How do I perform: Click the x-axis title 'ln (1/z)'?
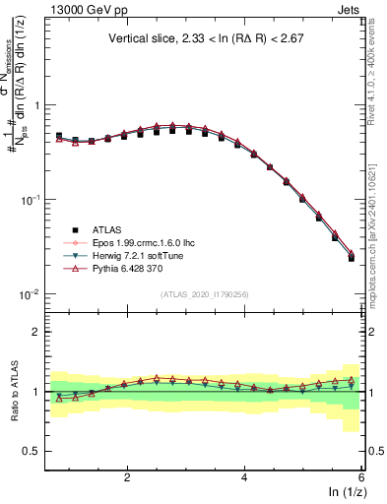(344, 493)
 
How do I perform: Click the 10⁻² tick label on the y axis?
(29, 295)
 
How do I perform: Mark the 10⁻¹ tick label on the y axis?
(29, 200)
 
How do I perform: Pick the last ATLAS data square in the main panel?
(352, 258)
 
